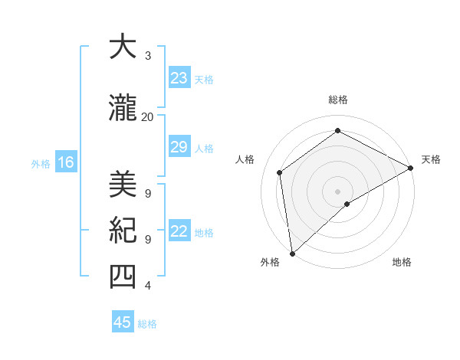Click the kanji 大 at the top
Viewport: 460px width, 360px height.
(123, 47)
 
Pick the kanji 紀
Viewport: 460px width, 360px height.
(123, 231)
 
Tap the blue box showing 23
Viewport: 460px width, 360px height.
(179, 78)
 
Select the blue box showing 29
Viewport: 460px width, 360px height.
(179, 147)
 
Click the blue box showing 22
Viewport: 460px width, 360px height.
(179, 231)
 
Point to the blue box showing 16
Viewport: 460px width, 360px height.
(65, 162)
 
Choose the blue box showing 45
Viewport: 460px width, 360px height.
(123, 322)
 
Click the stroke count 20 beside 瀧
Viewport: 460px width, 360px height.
(147, 116)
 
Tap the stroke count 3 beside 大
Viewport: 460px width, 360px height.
(148, 56)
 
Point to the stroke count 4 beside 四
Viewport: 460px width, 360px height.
(148, 286)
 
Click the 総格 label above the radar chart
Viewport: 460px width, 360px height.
(337, 100)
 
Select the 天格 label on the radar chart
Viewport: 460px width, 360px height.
(431, 159)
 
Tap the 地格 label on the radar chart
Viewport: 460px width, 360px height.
(402, 262)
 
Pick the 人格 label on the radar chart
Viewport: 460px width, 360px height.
(245, 159)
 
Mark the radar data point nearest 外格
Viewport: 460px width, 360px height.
(292, 253)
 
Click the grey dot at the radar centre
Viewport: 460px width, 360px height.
(337, 191)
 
